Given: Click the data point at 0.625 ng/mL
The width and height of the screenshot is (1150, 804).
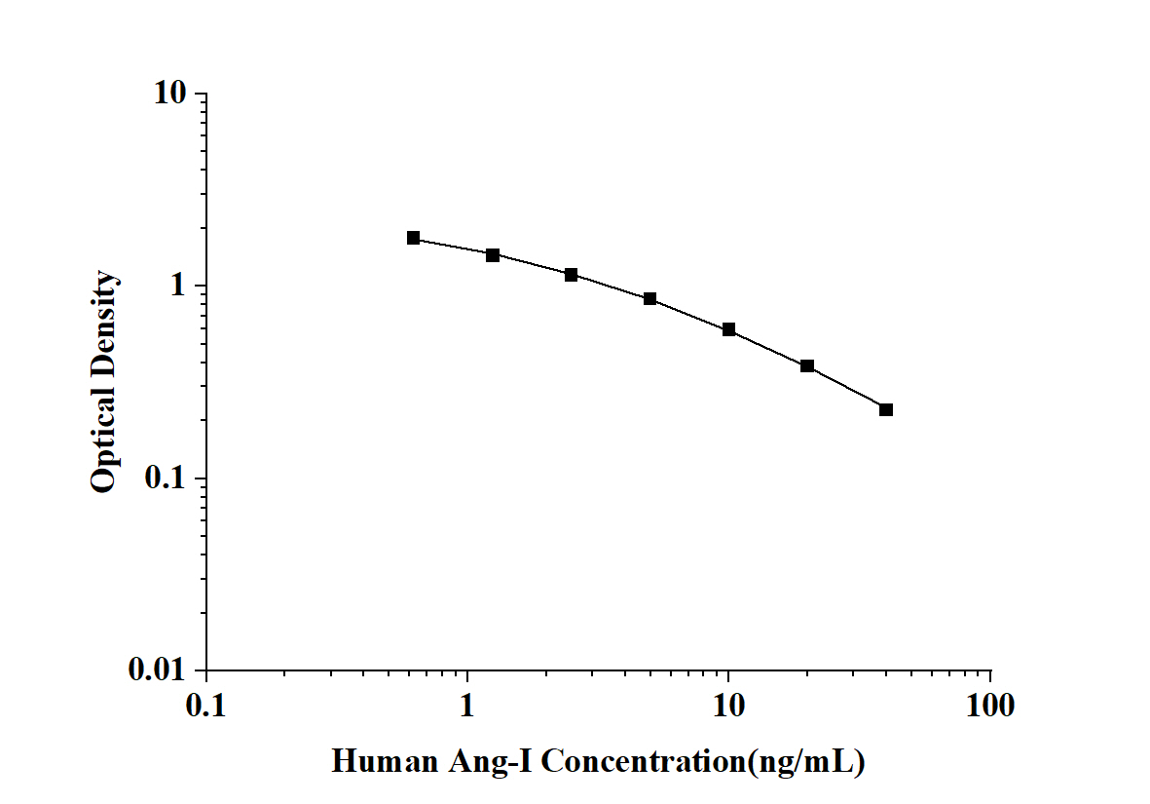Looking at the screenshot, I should coord(414,238).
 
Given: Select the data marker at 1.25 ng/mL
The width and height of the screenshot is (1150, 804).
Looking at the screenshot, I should coord(493,255).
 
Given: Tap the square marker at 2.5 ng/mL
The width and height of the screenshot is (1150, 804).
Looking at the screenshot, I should coord(571,275).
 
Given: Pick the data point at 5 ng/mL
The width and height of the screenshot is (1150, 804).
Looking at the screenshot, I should coord(649,299).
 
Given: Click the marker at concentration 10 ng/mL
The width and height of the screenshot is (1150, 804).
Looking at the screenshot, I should coord(728,329).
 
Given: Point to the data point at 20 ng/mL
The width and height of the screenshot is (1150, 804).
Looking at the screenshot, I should coord(807,365).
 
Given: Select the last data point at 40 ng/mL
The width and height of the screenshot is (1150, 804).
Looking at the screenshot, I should coord(886,409).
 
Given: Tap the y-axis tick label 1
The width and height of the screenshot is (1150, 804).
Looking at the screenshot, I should coord(179,287).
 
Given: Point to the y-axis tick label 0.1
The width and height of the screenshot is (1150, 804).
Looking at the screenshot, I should coord(170,479).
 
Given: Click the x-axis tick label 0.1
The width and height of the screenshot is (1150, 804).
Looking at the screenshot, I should coord(206,705).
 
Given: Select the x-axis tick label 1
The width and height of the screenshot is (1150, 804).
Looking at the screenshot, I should coord(468,705).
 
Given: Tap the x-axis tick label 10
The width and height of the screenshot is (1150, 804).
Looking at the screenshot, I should coord(728,705).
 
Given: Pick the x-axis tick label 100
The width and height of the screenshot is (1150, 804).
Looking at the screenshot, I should coord(990,705).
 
